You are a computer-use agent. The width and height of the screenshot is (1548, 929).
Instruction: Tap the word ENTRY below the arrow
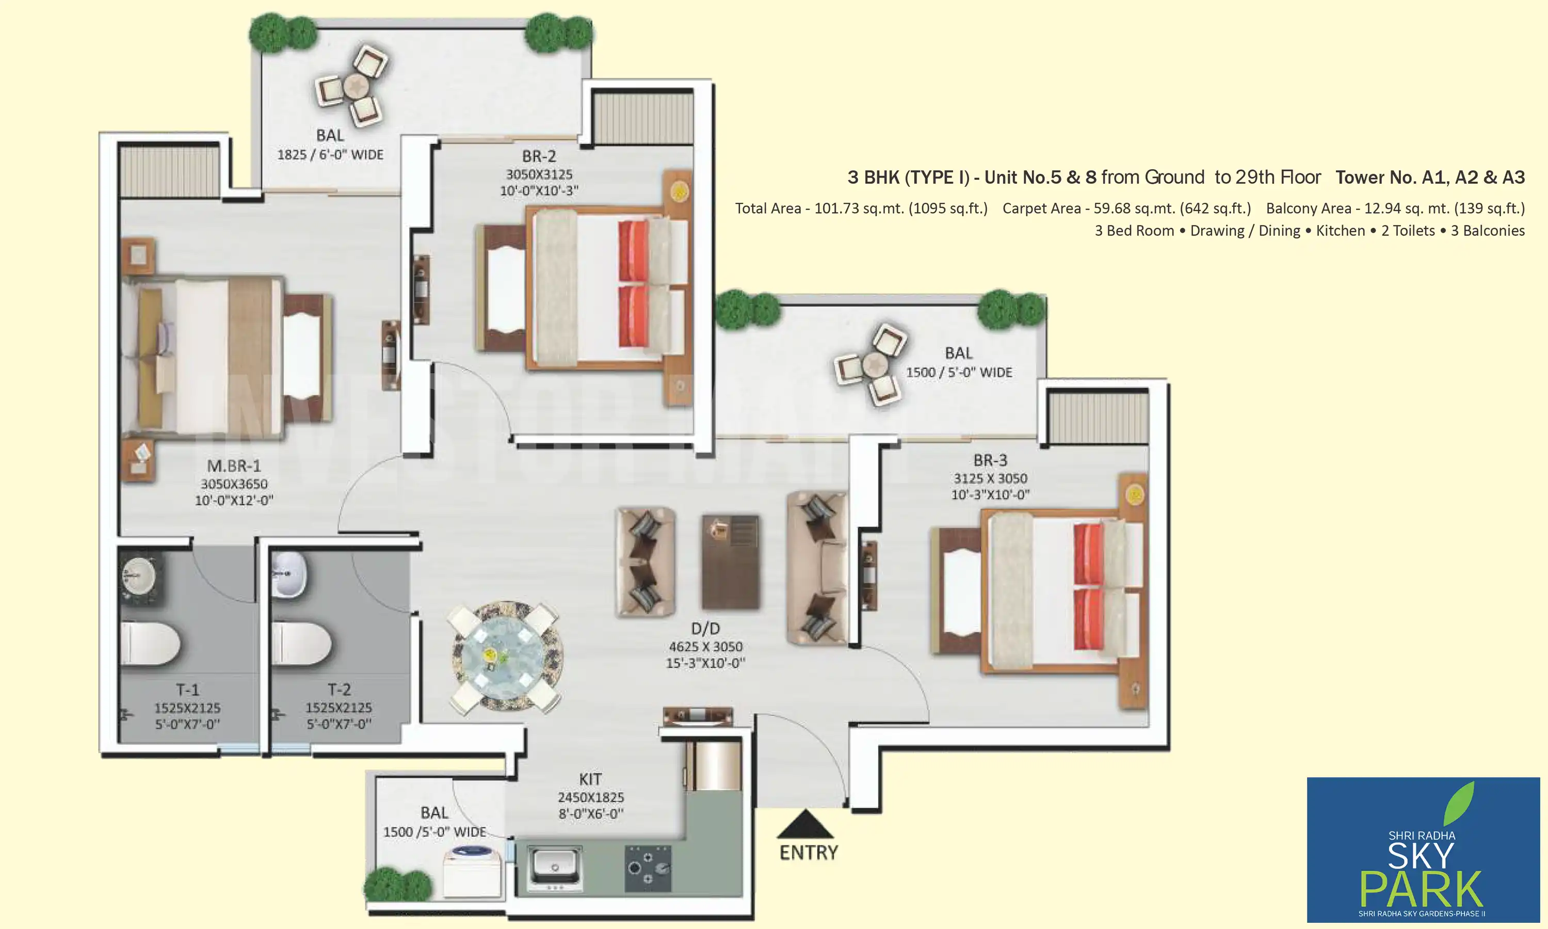[x=809, y=853]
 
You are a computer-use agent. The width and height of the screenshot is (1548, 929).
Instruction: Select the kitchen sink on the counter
[x=554, y=867]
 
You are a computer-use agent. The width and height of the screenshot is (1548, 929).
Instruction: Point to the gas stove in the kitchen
[x=648, y=868]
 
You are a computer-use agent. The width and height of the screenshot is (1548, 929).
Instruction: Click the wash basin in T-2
[x=289, y=574]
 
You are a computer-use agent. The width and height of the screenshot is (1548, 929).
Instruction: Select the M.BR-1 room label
[x=234, y=466]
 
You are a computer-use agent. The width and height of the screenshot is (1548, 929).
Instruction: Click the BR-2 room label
[x=539, y=156]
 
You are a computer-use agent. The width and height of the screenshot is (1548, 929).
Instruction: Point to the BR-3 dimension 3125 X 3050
[x=991, y=478]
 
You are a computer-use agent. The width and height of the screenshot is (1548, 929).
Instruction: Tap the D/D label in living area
[x=705, y=629]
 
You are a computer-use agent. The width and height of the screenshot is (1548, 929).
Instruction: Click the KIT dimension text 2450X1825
[x=591, y=797]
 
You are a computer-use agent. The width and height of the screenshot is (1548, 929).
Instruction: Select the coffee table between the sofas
[x=730, y=562]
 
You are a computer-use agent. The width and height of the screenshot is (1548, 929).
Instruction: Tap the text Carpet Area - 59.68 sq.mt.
[x=1126, y=209]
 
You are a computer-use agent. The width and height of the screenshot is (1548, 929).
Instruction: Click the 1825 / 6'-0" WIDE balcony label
[x=330, y=155]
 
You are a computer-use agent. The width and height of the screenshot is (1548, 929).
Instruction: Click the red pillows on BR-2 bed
[x=633, y=282]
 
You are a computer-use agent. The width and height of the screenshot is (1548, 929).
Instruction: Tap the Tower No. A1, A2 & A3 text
[x=1430, y=178]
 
